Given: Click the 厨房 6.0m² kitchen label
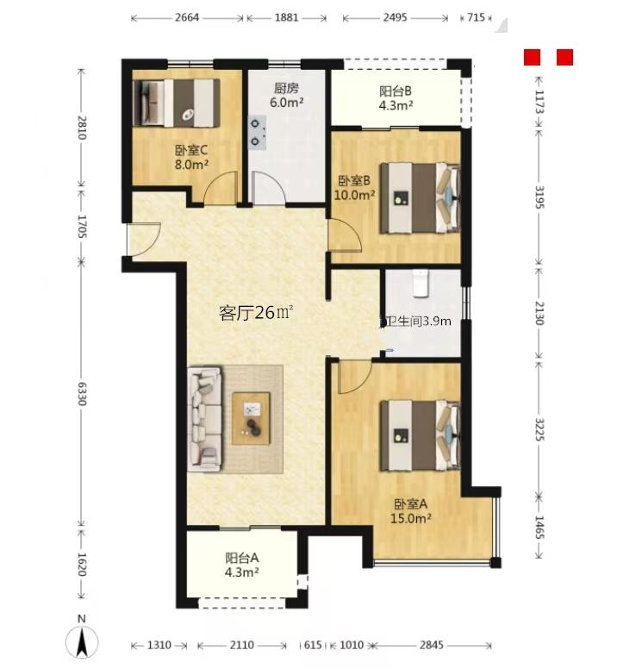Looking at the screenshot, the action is pos(287,96).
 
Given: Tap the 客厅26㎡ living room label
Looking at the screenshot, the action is pos(256,313).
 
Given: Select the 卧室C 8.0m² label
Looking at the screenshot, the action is pos(191,158).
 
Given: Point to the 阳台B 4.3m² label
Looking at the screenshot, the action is pos(396,98).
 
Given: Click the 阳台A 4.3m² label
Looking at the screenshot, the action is pos(242,565).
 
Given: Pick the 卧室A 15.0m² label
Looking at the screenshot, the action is pos(411,511).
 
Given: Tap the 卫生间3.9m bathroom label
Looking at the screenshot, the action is pos(417,321).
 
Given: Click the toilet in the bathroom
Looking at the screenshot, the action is pos(421,283).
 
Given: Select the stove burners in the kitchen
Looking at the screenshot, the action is pos(257,133).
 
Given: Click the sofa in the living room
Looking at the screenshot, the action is pos(205,419).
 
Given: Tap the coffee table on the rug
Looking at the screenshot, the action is pos(252,418).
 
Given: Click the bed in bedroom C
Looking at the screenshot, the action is pos(177,103).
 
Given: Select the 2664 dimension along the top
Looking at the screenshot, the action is pos(187,17).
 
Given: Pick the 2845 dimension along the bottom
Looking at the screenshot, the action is pos(432,645).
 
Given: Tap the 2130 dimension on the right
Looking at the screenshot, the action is pos(539,313).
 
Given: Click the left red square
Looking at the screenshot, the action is pos(532,57).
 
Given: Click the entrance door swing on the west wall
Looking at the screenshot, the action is pos(144,240).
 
